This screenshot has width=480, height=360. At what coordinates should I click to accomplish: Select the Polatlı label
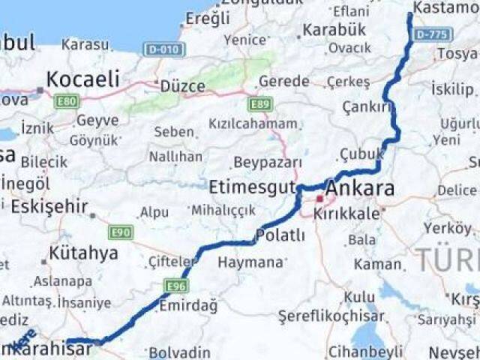[280, 235]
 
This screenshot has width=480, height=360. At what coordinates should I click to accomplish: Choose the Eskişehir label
[49, 206]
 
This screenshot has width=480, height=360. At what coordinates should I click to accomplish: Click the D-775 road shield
[430, 34]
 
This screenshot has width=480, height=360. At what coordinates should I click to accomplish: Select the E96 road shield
[178, 286]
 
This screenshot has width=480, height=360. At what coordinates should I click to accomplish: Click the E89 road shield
[260, 103]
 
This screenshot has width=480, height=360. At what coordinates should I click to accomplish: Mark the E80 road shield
[67, 101]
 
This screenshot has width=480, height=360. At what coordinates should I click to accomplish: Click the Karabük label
[334, 30]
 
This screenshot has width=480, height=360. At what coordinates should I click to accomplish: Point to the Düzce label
[182, 86]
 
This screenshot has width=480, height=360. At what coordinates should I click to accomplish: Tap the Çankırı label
[367, 107]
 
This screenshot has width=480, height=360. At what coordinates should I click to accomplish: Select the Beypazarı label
[268, 162]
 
